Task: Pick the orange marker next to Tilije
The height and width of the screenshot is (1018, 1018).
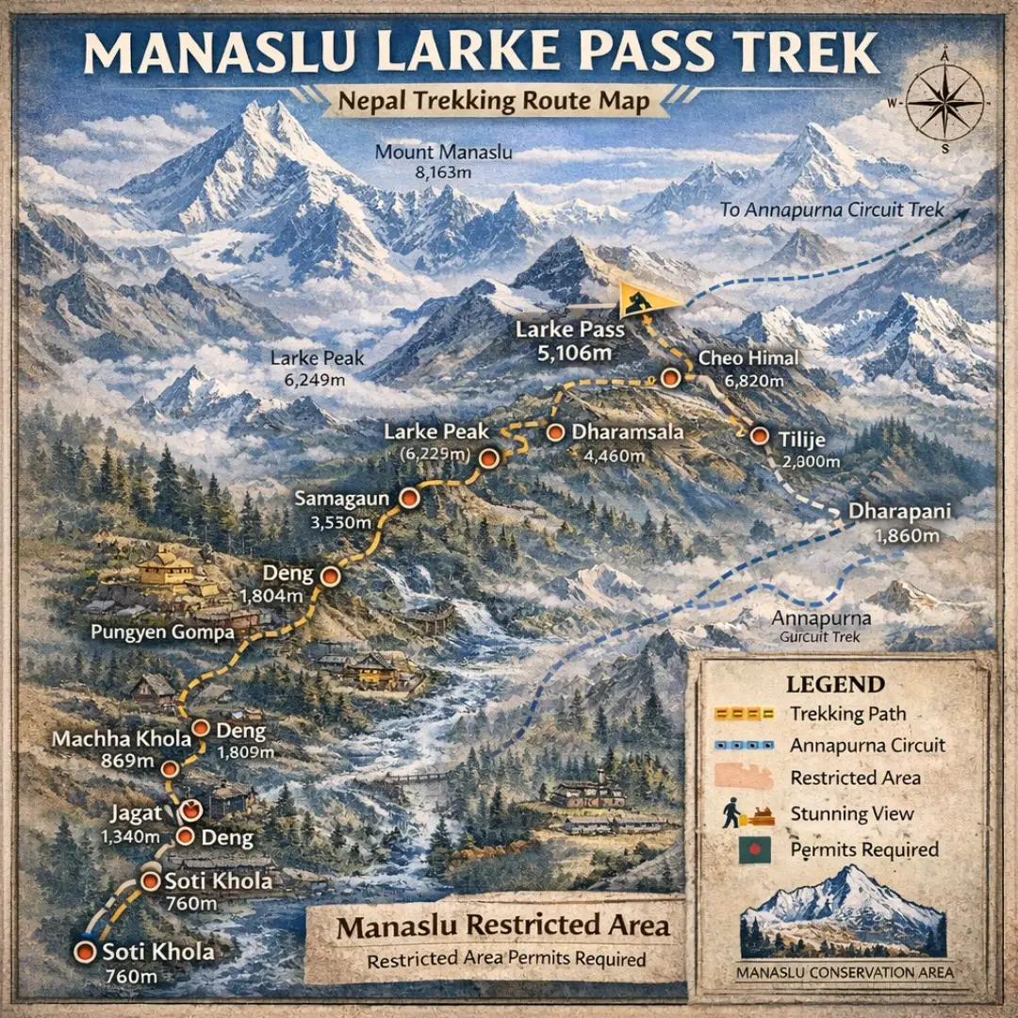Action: (759, 435)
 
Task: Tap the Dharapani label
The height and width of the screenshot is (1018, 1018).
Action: (898, 513)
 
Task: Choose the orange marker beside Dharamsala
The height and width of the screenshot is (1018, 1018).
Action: (556, 433)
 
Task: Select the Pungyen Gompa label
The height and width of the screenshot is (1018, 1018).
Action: (162, 632)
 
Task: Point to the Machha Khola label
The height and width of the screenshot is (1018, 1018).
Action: (122, 739)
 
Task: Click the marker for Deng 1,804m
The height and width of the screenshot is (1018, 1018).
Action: (330, 575)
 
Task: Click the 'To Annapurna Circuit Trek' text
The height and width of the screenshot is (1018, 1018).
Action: (832, 209)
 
